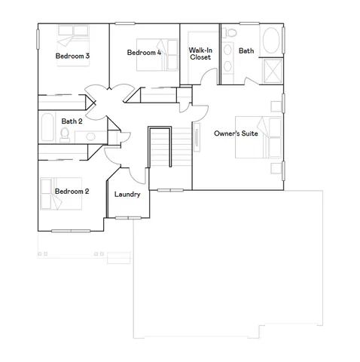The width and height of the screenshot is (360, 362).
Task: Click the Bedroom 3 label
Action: (x=72, y=56)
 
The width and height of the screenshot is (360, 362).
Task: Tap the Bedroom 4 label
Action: (x=144, y=53)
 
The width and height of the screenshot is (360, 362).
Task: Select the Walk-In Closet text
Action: (x=200, y=54)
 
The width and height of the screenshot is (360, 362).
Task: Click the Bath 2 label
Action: (x=72, y=121)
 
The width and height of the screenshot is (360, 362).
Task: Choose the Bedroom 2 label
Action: (x=72, y=192)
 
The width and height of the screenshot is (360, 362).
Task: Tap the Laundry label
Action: (x=127, y=195)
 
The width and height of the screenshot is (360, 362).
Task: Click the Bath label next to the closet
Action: (x=246, y=51)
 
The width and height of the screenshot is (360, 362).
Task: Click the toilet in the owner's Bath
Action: (x=230, y=35)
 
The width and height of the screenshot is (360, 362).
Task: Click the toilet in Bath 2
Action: (x=66, y=134)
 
